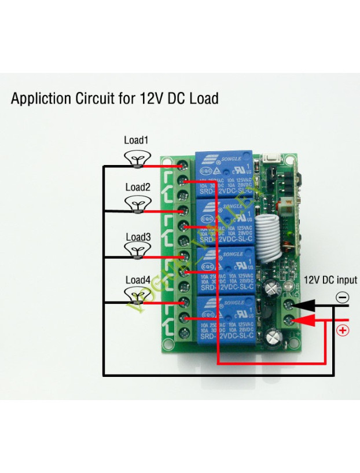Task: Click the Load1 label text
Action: [x=136, y=140]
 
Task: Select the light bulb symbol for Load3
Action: [x=137, y=250]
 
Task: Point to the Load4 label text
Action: [x=138, y=280]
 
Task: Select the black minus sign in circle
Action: [x=343, y=298]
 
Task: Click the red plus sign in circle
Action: [x=343, y=331]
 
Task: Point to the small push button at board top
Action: [x=270, y=159]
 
